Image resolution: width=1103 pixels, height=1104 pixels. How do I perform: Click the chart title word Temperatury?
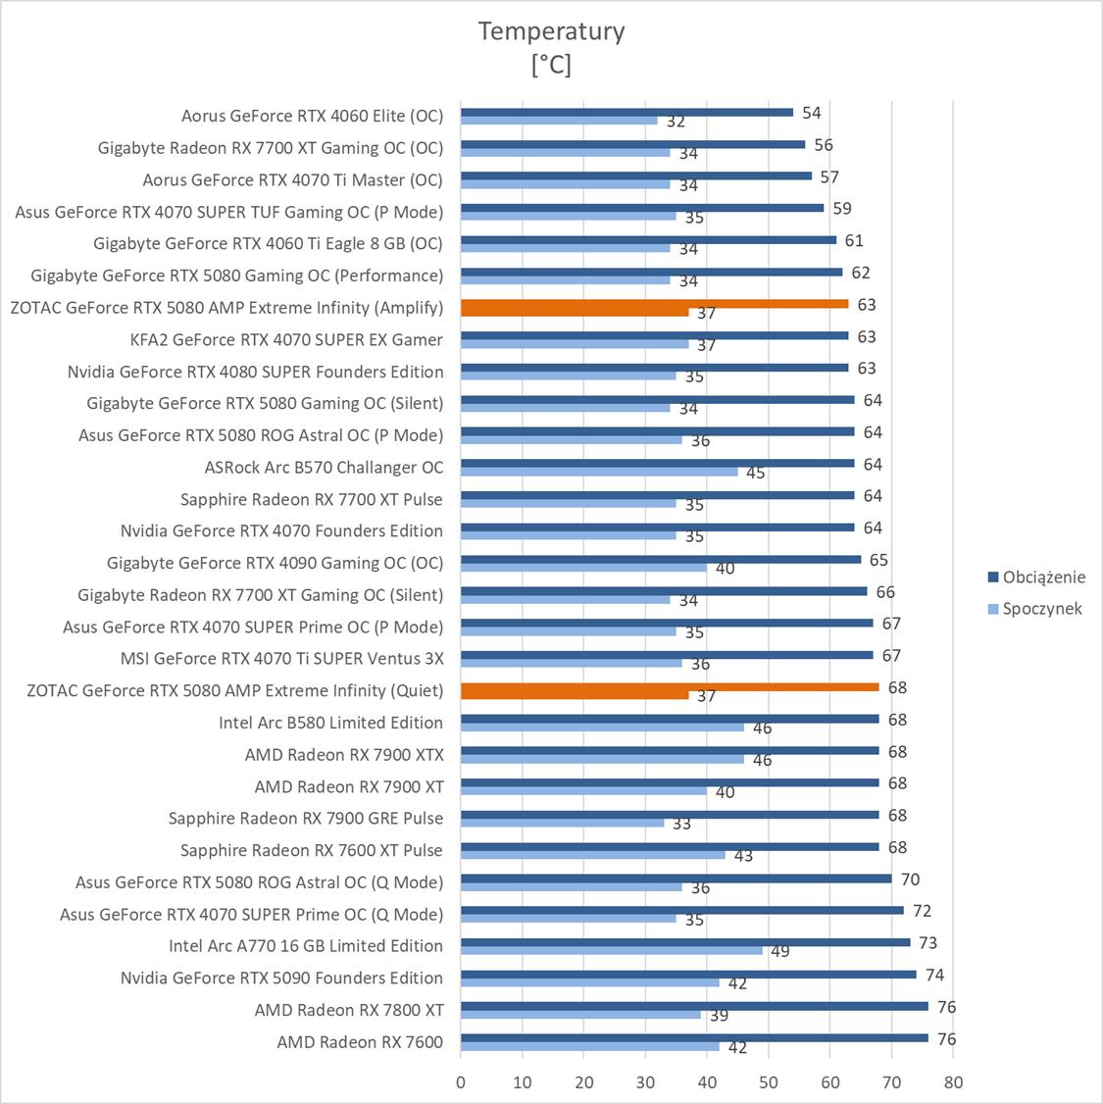click(x=551, y=31)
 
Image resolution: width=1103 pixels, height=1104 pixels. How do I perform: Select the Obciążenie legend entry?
click(x=1043, y=577)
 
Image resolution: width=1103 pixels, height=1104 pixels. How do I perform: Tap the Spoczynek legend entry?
click(x=1041, y=608)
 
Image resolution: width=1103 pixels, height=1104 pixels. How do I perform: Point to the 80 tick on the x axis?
click(x=953, y=1082)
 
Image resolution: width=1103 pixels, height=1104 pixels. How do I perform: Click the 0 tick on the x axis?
click(x=461, y=1082)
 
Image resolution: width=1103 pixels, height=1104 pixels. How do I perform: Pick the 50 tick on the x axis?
click(x=769, y=1082)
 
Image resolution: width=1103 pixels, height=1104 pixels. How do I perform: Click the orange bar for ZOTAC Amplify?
click(x=654, y=304)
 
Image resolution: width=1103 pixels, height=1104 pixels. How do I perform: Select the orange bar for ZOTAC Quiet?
click(x=670, y=686)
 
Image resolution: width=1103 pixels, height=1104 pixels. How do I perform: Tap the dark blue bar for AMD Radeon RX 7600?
click(x=694, y=1037)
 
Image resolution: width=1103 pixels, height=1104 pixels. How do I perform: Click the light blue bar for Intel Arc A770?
click(x=612, y=950)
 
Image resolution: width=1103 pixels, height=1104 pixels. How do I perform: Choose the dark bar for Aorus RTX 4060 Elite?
click(x=627, y=112)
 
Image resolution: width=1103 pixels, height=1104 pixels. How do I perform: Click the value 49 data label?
click(x=780, y=951)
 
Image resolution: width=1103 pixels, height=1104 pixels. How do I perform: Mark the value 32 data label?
click(x=676, y=122)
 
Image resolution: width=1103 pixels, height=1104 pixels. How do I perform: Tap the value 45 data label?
click(x=755, y=473)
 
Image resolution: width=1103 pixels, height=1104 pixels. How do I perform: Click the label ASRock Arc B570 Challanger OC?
click(x=324, y=467)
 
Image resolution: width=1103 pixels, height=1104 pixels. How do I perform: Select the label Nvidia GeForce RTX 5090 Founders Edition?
click(x=281, y=978)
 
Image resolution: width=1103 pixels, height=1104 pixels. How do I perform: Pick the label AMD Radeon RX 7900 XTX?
click(x=344, y=754)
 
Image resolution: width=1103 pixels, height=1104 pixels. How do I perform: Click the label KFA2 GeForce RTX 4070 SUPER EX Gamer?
click(x=286, y=339)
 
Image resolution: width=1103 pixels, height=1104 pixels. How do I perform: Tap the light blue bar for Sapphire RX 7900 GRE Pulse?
click(x=562, y=823)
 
